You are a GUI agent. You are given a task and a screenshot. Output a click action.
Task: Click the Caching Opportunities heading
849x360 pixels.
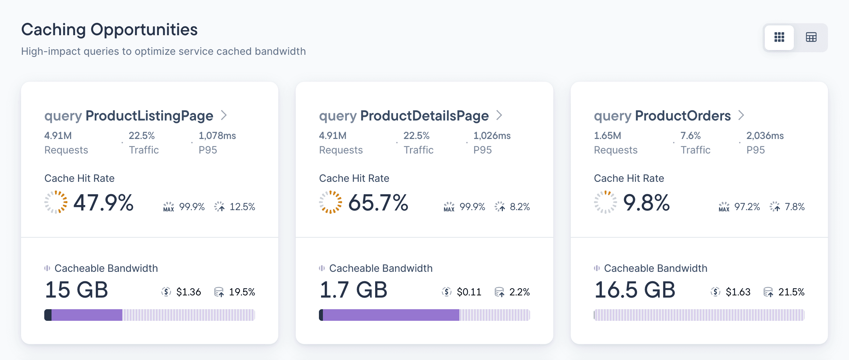(109, 30)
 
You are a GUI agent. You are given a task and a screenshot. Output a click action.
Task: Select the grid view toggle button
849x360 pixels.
(779, 37)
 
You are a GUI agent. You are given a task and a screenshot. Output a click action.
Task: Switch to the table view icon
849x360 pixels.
(811, 37)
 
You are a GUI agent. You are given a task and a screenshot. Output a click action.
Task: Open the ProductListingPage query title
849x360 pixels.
(129, 116)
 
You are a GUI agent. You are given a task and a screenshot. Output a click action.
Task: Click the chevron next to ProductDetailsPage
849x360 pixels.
(499, 115)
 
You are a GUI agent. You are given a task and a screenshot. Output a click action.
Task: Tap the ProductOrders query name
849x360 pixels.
(662, 116)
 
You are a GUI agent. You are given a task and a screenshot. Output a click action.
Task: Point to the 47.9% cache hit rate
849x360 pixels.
(103, 202)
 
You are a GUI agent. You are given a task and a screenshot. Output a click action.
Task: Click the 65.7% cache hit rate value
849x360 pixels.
(378, 202)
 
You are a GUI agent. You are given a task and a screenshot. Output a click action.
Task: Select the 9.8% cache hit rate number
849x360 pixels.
(646, 202)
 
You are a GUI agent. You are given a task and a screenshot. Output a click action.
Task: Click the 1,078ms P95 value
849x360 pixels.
(217, 136)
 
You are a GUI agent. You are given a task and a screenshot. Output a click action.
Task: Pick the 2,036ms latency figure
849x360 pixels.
(765, 136)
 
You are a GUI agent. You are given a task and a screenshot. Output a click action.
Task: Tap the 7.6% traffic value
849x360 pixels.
(690, 136)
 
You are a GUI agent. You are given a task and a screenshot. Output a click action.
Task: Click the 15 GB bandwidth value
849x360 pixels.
(76, 290)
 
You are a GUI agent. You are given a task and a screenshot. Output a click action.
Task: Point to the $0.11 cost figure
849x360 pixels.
(469, 292)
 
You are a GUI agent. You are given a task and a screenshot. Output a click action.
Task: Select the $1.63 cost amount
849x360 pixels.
(738, 292)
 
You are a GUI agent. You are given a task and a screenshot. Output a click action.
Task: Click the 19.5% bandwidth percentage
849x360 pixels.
(242, 292)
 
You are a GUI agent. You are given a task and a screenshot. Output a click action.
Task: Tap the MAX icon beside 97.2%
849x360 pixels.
(724, 207)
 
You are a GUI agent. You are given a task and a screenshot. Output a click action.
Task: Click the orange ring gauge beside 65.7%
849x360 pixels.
(330, 202)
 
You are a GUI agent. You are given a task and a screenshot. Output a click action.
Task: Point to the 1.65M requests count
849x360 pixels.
(607, 136)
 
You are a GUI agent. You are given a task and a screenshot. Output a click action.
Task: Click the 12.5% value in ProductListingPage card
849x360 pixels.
(242, 207)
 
